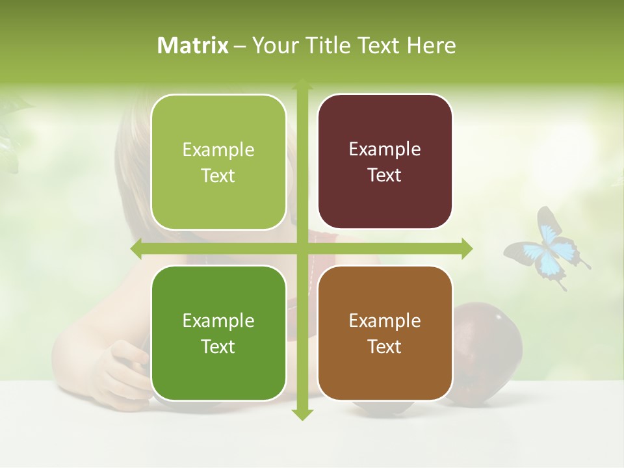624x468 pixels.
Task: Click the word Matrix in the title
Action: coord(193,45)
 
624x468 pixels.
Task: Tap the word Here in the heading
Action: coord(431,45)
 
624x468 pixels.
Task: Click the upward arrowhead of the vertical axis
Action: coord(302,84)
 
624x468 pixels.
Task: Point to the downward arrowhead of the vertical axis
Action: coord(302,414)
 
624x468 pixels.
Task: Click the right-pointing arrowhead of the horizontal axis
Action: coord(466,248)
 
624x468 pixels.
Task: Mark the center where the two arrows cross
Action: coord(302,248)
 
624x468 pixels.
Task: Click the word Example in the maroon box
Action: coord(385,149)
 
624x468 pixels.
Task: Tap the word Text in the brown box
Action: coord(385,346)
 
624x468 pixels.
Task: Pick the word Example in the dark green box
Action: coord(218,320)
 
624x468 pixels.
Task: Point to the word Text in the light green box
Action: coord(218,175)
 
